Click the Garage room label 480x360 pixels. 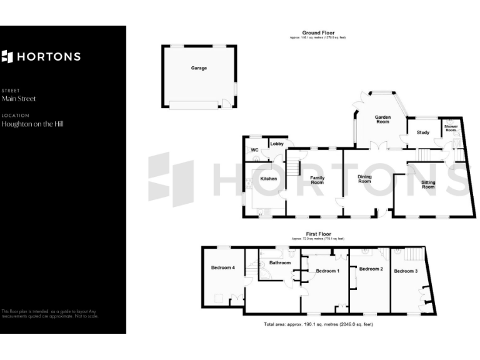tap(199, 68)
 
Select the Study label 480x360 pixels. tap(422, 132)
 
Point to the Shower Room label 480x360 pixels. tap(451, 128)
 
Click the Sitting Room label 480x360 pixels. tap(428, 184)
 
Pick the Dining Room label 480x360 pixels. tap(364, 179)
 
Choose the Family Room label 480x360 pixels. tap(317, 180)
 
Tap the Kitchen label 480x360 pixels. tap(268, 179)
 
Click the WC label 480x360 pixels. tap(254, 150)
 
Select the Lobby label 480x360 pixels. tap(277, 144)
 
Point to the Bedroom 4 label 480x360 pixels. tap(223, 267)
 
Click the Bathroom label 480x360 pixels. tap(280, 262)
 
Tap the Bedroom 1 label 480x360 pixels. tap(327, 271)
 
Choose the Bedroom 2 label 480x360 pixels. tap(371, 269)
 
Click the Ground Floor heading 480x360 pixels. tap(318, 32)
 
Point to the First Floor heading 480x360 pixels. tap(318, 234)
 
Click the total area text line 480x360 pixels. tap(319, 324)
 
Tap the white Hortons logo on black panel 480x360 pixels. tap(41, 57)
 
